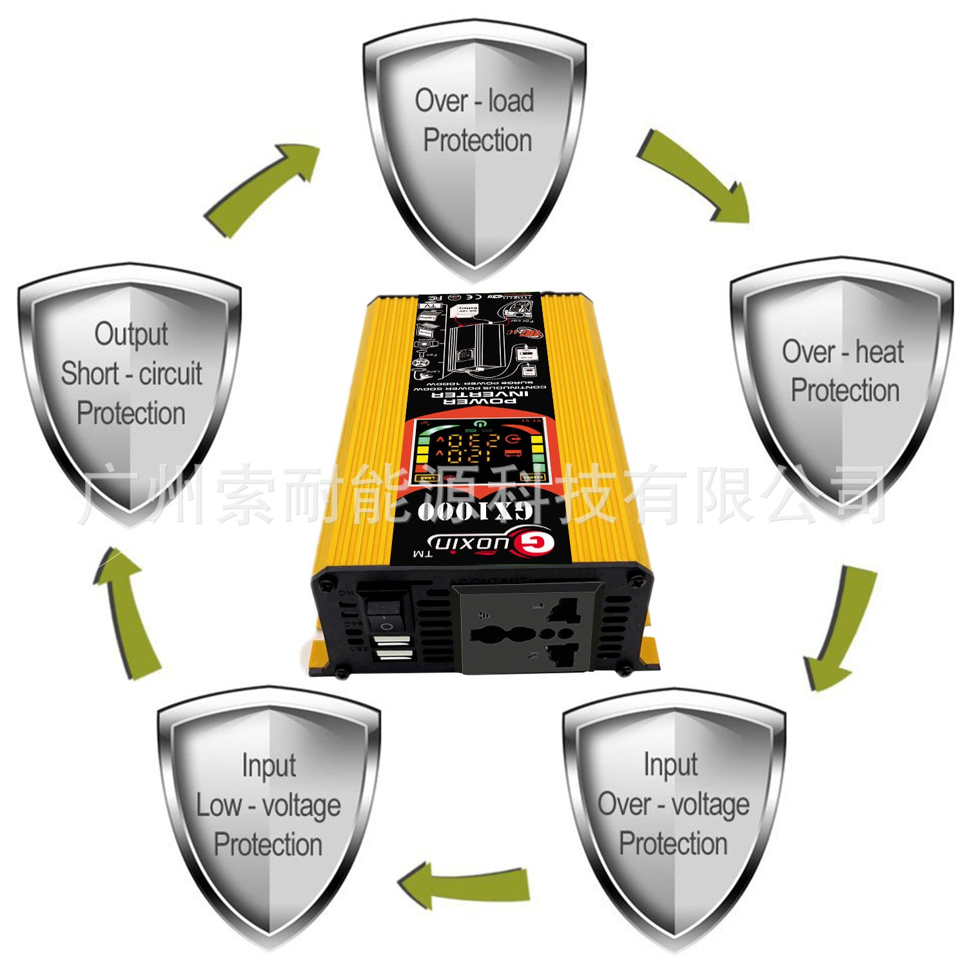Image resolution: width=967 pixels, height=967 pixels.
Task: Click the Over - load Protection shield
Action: [474, 148]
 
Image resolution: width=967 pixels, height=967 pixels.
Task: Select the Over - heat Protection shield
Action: [842, 380]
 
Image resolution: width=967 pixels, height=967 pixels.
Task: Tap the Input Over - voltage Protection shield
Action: [673, 812]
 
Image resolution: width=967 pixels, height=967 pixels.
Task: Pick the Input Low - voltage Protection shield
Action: [268, 812]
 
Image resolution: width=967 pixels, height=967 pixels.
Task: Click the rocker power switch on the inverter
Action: [384, 612]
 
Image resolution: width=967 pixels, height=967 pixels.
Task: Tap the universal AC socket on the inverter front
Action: [525, 629]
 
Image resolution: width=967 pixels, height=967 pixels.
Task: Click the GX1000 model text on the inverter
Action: [474, 511]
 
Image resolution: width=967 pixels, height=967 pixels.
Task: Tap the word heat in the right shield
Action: [879, 352]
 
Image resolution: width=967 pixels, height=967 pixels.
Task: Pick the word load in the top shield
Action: [511, 101]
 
